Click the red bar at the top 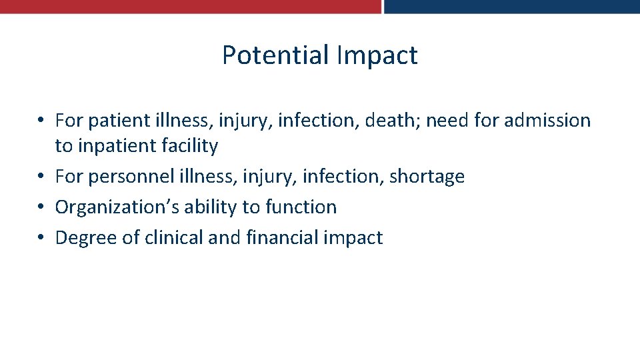click(190, 6)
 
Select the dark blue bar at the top click(512, 6)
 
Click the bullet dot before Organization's click(41, 207)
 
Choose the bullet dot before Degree click(41, 238)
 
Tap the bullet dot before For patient click(41, 121)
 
